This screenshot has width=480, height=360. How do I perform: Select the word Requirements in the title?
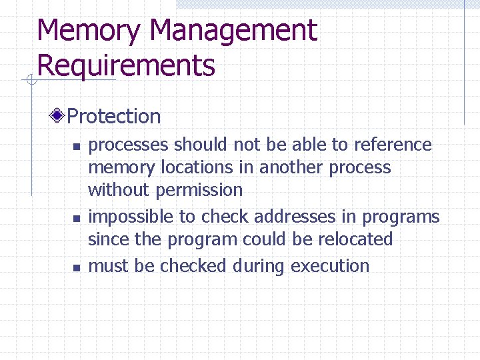click(126, 66)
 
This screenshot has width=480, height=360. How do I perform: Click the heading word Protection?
click(114, 117)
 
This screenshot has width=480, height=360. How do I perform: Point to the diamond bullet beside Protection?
click(59, 117)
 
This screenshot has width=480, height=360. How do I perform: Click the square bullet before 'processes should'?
click(76, 146)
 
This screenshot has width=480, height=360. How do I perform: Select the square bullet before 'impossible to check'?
click(76, 218)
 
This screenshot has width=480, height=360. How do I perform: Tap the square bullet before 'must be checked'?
click(76, 267)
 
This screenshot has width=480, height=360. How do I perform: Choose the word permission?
click(199, 191)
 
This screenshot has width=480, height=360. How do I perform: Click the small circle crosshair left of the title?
click(30, 81)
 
